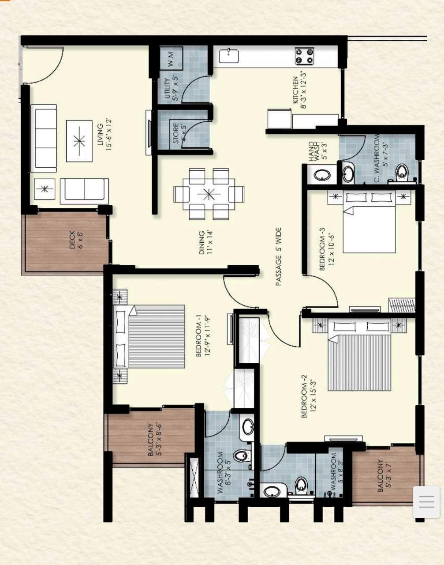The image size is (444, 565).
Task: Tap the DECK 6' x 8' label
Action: coord(75,240)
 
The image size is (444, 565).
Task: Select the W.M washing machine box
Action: coord(171,58)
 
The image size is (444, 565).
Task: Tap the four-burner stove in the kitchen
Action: coord(305,56)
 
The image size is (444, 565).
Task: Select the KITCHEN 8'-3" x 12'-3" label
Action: coord(299,90)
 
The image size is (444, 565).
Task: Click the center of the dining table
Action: coord(209,194)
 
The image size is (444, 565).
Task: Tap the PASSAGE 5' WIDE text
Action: coord(279,256)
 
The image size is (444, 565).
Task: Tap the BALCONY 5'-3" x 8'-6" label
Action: coord(154,439)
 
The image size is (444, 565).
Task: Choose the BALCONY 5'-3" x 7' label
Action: coord(384,475)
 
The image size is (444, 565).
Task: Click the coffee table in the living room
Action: coord(79,141)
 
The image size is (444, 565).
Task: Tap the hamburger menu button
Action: coord(426,502)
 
